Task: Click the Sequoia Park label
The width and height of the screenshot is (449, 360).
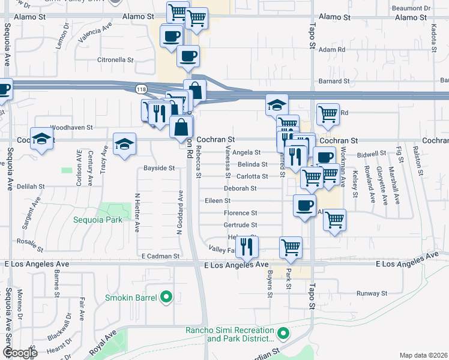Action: (98, 220)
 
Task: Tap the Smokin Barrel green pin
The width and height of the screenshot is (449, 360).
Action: (167, 297)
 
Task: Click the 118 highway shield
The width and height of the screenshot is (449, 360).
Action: (141, 89)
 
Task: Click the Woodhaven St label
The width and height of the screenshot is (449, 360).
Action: (71, 127)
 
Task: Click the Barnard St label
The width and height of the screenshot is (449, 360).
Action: (334, 81)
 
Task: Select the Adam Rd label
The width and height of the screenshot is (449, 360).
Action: (332, 50)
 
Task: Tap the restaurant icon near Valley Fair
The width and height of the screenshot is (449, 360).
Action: (247, 245)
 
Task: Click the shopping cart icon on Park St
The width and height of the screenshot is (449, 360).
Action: (291, 247)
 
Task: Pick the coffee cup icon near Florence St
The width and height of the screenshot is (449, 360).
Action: (304, 205)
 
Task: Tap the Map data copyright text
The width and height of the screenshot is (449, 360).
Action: (423, 355)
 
